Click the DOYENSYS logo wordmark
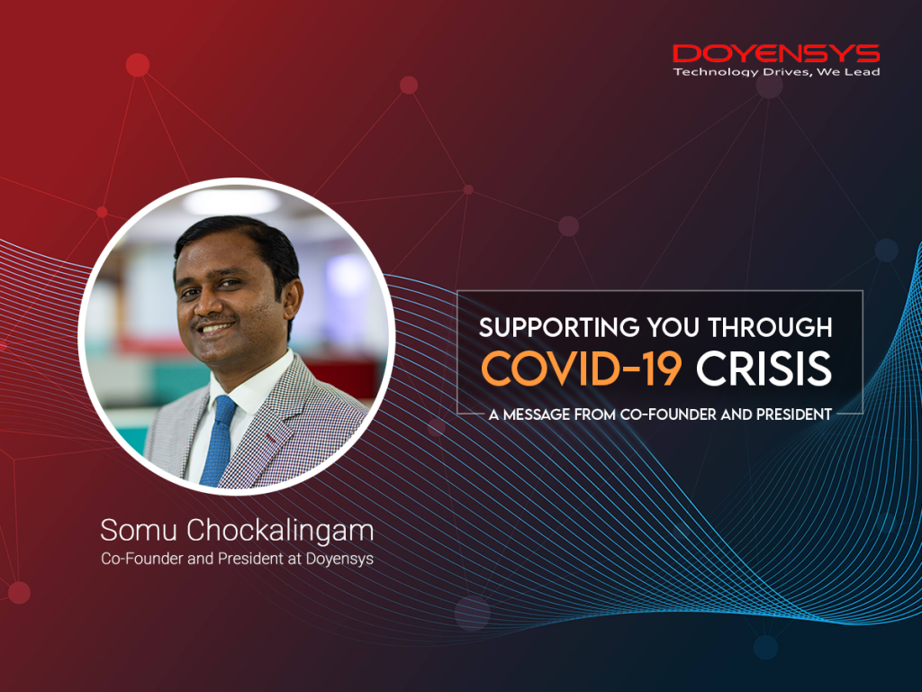tap(776, 53)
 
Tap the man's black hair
tap(236, 236)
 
